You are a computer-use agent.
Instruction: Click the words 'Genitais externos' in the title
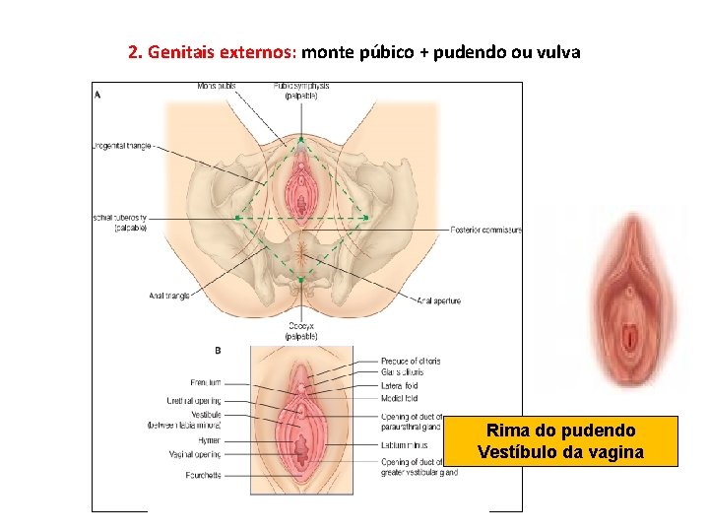click(x=224, y=51)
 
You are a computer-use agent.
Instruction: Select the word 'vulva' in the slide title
click(x=558, y=51)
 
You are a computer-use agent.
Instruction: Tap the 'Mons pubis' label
click(x=217, y=86)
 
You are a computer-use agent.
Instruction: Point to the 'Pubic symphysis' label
click(x=301, y=86)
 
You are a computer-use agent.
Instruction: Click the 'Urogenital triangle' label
click(x=121, y=146)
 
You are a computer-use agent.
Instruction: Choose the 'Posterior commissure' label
click(x=485, y=230)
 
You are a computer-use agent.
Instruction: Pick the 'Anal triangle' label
click(x=169, y=295)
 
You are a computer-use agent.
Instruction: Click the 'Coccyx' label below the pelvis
click(x=301, y=325)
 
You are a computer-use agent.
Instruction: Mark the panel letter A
click(x=97, y=95)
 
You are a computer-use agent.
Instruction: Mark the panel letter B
click(x=217, y=350)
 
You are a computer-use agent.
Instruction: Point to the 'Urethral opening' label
click(x=194, y=401)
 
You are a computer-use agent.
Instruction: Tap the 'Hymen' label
click(x=208, y=441)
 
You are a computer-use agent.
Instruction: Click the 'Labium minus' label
click(x=404, y=445)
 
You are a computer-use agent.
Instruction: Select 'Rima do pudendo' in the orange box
click(x=561, y=431)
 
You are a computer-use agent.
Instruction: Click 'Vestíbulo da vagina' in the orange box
click(x=561, y=452)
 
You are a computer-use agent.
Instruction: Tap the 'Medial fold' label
click(x=399, y=399)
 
